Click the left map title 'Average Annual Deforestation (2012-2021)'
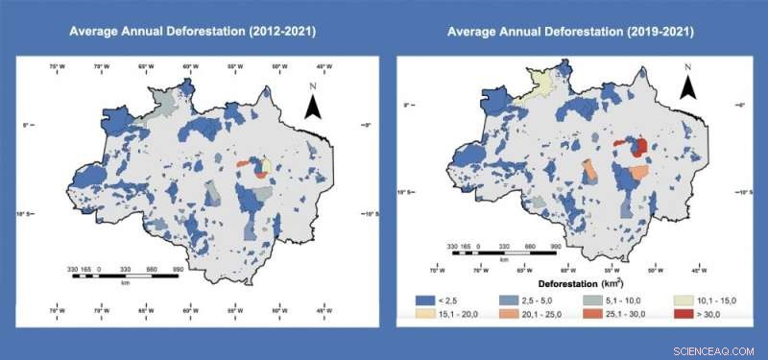192,31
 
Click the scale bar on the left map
125,276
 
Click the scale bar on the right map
503,253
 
